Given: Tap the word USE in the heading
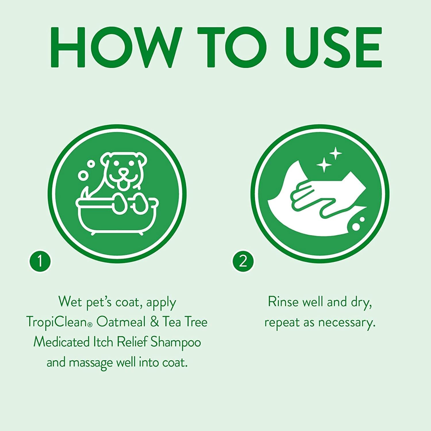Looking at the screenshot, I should click(333, 47).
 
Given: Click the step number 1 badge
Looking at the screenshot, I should click(40, 261).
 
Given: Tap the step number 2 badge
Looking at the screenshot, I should click(243, 261).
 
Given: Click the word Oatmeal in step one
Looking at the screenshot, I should click(121, 322).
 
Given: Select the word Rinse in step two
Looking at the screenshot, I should click(283, 302).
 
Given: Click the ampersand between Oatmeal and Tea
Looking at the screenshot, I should click(154, 322).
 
